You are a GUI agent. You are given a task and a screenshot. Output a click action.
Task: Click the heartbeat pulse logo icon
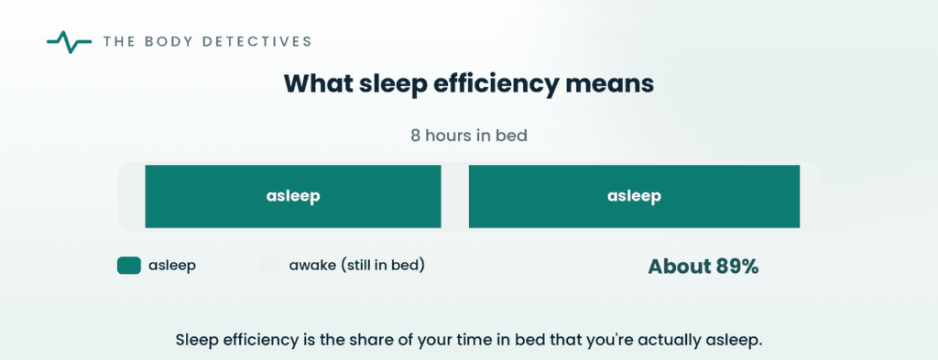[69, 42]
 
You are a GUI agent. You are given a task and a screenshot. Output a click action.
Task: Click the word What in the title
[313, 84]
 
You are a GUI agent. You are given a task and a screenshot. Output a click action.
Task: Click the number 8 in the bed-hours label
[415, 136]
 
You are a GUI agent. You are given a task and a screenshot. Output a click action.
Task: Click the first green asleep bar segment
[293, 196]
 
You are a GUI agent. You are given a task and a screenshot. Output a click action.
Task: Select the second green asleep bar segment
[634, 196]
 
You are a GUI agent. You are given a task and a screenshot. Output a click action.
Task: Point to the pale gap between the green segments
[454, 196]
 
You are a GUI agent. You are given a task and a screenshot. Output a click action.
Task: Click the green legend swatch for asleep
[128, 266]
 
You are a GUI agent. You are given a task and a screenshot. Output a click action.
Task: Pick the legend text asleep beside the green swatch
[172, 266]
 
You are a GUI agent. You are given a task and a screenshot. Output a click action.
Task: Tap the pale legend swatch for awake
[269, 266]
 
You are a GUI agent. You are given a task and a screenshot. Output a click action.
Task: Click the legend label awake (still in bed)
[357, 265]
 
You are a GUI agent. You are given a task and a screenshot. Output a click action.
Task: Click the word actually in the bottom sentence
[676, 341]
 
